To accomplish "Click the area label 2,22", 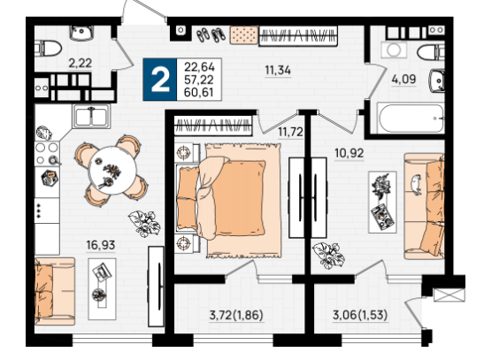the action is click(x=80, y=63).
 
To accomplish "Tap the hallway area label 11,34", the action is click(x=278, y=71).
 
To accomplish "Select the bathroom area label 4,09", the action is click(x=403, y=80).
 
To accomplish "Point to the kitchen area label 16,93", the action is click(x=101, y=245).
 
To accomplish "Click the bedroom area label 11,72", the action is click(x=290, y=132).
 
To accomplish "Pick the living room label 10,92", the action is click(x=350, y=153).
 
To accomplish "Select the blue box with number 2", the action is click(x=160, y=80).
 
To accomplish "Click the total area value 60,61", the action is click(x=199, y=92).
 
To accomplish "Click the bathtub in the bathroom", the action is click(x=411, y=119).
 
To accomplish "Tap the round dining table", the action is click(x=112, y=171).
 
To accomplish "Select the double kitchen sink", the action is click(x=91, y=116).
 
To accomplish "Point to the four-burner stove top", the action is click(x=47, y=154).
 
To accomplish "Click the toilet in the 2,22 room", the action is click(x=48, y=49).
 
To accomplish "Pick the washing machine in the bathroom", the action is click(x=394, y=50).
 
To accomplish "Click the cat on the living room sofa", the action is click(x=416, y=185).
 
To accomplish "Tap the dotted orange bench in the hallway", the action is click(x=244, y=34).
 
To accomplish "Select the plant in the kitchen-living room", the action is click(x=144, y=224).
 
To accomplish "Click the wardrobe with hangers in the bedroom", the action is click(x=213, y=126).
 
